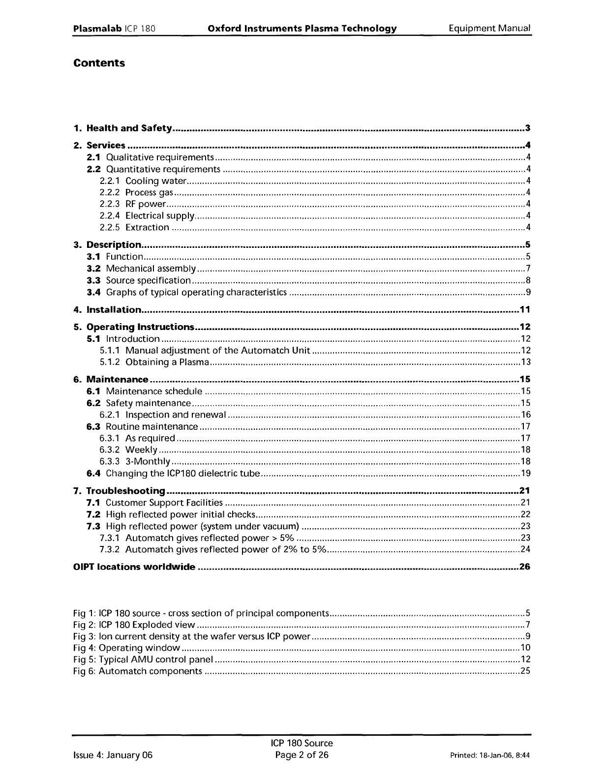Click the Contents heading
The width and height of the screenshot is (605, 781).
click(99, 63)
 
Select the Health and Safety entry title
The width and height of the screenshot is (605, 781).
click(129, 128)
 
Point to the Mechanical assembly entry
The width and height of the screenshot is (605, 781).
click(151, 269)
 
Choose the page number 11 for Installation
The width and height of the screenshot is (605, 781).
click(525, 309)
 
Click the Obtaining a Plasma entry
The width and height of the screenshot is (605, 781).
click(167, 362)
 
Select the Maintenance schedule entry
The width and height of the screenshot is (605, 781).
click(154, 391)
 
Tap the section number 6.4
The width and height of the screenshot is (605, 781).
click(93, 474)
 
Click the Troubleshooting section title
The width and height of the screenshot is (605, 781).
click(125, 491)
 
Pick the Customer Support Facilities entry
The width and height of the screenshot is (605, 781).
click(164, 503)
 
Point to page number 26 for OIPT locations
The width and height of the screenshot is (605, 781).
click(525, 567)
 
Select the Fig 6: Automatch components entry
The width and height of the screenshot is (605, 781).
click(137, 671)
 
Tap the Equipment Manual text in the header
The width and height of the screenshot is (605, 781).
click(489, 28)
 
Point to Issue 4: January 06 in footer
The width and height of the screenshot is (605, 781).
click(113, 755)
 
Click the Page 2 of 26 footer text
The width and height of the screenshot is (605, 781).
click(302, 755)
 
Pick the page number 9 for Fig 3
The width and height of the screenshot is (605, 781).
click(528, 636)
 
